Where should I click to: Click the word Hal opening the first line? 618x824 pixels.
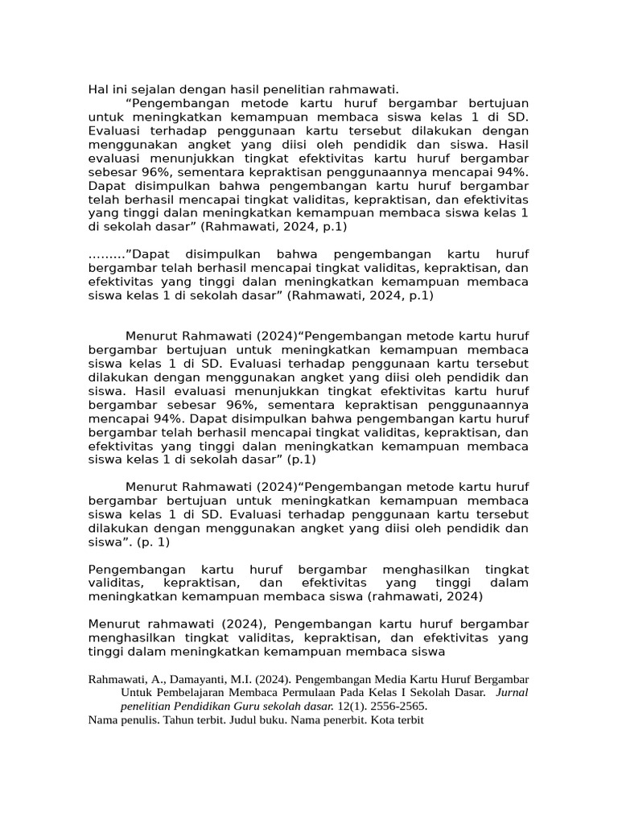(x=98, y=89)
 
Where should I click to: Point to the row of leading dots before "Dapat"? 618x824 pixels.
(x=105, y=254)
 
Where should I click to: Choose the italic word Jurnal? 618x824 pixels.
(x=513, y=692)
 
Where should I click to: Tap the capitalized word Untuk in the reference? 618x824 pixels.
(x=136, y=692)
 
